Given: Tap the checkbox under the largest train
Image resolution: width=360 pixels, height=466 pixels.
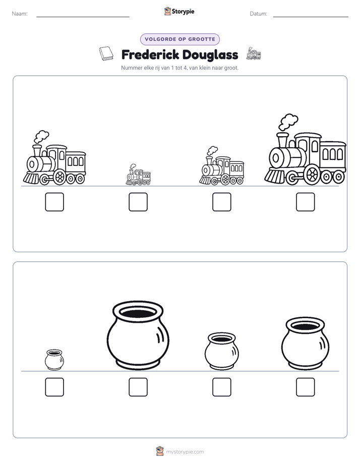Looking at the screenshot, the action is [305, 202].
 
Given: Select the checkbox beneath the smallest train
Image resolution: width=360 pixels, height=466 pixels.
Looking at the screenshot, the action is [138, 202].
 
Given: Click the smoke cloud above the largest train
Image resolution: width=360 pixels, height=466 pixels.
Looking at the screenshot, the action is [288, 122].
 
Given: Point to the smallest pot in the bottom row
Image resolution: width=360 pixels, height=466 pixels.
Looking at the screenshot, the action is [54, 360].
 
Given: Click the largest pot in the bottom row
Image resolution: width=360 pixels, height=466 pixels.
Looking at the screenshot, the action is [138, 335].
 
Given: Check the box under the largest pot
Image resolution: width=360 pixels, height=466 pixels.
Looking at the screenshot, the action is [138, 387].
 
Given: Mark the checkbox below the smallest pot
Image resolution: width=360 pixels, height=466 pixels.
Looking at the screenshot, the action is [54, 387].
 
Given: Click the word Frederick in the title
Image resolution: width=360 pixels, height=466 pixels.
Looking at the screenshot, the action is [150, 54].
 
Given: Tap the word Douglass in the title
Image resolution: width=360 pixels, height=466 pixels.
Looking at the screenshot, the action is [210, 54].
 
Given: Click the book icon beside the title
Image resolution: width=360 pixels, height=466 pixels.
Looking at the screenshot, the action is [106, 53].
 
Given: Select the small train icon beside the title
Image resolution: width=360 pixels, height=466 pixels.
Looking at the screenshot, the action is [254, 53].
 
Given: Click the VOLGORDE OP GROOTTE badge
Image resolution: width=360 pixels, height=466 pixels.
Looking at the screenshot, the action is [180, 39].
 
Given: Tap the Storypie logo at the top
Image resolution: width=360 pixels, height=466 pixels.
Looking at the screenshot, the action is [179, 11].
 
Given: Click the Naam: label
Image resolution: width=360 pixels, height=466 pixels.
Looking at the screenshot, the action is [20, 14].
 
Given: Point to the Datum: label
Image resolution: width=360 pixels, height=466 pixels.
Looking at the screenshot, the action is [258, 14].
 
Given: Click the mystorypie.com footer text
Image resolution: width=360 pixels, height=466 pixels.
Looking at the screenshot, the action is [185, 452].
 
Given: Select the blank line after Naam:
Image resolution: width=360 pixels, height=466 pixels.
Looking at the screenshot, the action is [83, 17].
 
